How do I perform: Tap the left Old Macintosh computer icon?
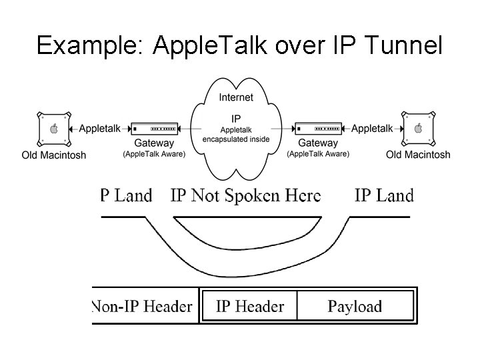(x=53, y=128)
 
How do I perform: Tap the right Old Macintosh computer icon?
(x=418, y=128)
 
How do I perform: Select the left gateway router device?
(x=154, y=128)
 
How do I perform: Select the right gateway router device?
(x=318, y=128)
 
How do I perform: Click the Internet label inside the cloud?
(x=236, y=97)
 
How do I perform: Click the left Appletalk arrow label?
(x=99, y=129)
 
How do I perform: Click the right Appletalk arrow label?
(x=372, y=129)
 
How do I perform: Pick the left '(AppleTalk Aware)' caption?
(x=154, y=154)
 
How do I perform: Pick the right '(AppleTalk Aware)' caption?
(x=318, y=154)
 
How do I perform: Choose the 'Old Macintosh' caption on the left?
(x=53, y=155)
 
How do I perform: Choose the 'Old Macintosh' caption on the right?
(x=418, y=155)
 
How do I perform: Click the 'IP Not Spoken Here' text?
(x=245, y=195)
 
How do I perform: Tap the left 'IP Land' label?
(x=126, y=195)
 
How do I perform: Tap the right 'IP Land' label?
(x=384, y=195)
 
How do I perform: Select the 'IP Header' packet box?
(x=249, y=307)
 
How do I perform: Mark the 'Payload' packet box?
(x=355, y=307)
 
